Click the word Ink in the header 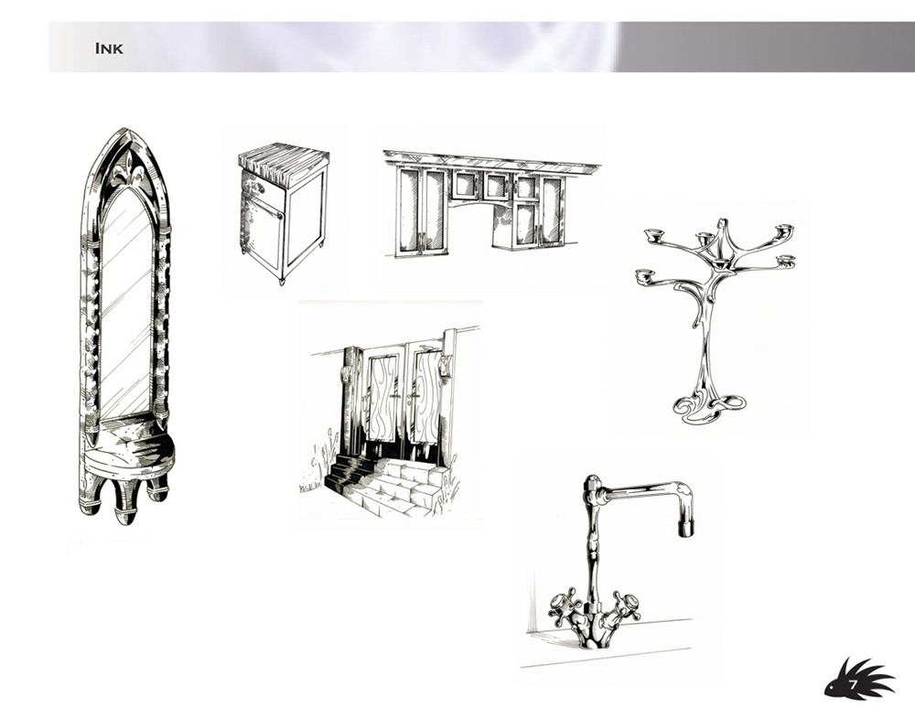[x=109, y=48]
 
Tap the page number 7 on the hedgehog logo [x=853, y=683]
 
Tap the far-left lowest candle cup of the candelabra [x=644, y=274]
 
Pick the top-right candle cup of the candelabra [x=784, y=228]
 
